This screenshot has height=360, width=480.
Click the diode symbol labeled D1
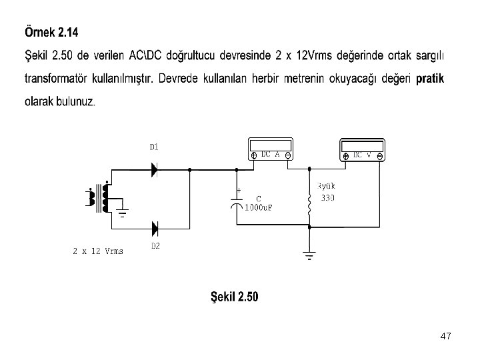[x=155, y=170]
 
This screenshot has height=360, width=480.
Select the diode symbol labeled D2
[x=155, y=229]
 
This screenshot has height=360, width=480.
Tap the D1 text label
[x=153, y=147]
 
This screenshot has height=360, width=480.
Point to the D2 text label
[x=155, y=246]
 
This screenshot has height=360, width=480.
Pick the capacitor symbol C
[x=237, y=202]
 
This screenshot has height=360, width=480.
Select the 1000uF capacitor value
[x=259, y=207]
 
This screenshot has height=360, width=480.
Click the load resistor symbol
[x=309, y=207]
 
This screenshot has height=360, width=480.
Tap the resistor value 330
[x=328, y=198]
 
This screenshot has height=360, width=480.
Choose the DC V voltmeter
[x=362, y=149]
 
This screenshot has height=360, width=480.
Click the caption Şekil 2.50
[x=234, y=297]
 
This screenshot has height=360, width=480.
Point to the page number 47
[x=446, y=337]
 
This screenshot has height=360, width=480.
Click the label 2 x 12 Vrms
[x=98, y=251]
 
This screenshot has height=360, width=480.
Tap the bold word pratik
[x=430, y=79]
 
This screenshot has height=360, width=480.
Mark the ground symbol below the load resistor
[x=309, y=255]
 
